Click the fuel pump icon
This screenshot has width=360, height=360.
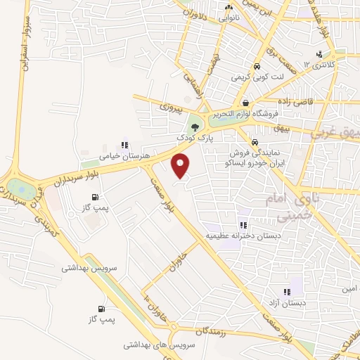[x=103, y=308]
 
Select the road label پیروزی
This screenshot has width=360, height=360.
[x=169, y=109]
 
